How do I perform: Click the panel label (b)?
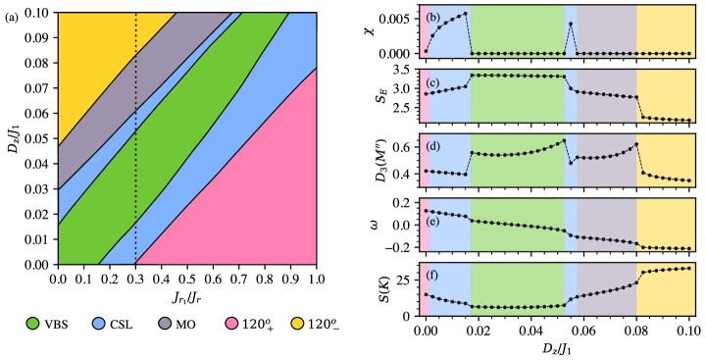(432, 18)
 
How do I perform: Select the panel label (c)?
(432, 82)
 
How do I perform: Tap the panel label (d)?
(432, 147)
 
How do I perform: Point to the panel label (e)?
(432, 221)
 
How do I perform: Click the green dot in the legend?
(32, 323)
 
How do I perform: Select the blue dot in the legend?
(99, 323)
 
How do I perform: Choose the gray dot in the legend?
(165, 323)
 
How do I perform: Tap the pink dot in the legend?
(231, 323)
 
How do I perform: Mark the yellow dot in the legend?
(297, 323)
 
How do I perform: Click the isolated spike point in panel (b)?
(571, 24)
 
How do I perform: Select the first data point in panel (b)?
(426, 50)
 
